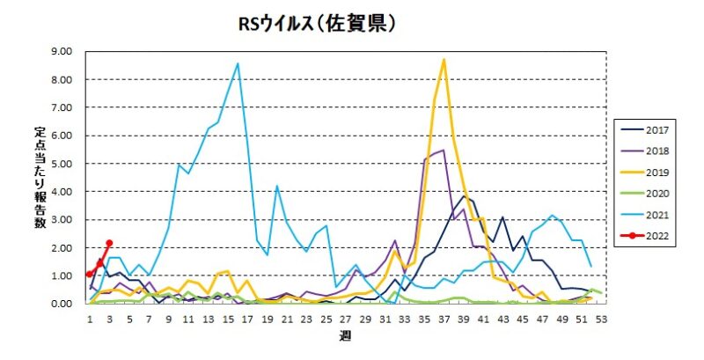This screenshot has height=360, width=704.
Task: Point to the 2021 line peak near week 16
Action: [237, 63]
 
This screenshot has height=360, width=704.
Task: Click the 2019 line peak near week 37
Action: [444, 60]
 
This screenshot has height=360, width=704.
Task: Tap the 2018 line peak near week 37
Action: [444, 151]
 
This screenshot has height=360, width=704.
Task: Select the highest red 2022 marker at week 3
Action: [109, 243]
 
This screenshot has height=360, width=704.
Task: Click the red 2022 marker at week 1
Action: [89, 274]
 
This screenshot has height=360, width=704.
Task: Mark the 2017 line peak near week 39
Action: [464, 195]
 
